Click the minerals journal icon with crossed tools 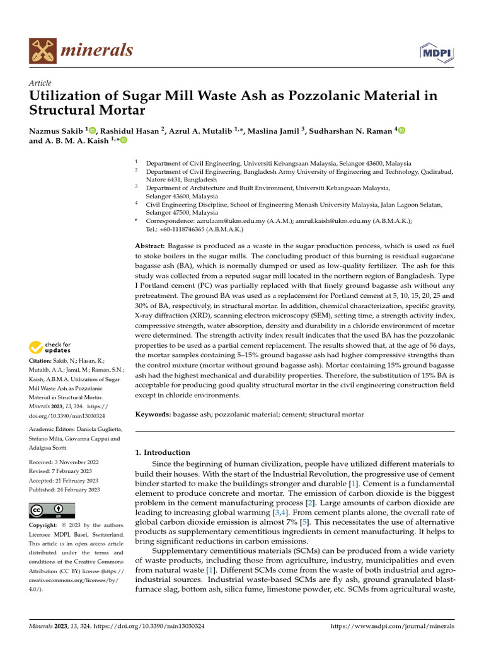click(43, 51)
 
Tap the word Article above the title click(40, 83)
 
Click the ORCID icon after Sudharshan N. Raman click(401, 130)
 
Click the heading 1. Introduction click(163, 452)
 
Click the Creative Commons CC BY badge click(52, 510)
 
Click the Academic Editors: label click(56, 429)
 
